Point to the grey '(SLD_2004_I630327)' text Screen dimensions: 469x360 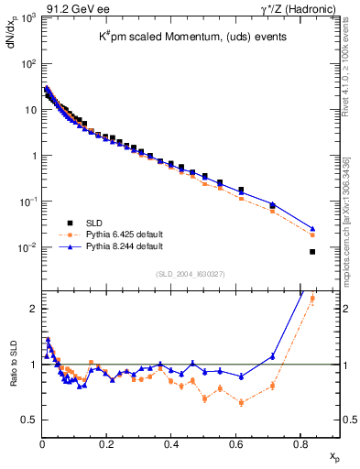[x=187, y=274]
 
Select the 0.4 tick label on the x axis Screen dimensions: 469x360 [x=171, y=443]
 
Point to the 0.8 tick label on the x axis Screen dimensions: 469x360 [x=300, y=443]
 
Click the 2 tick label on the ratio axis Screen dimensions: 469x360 [x=32, y=309]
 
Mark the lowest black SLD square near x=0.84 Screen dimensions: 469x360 [x=312, y=252]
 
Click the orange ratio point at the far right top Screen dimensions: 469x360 [x=312, y=298]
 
